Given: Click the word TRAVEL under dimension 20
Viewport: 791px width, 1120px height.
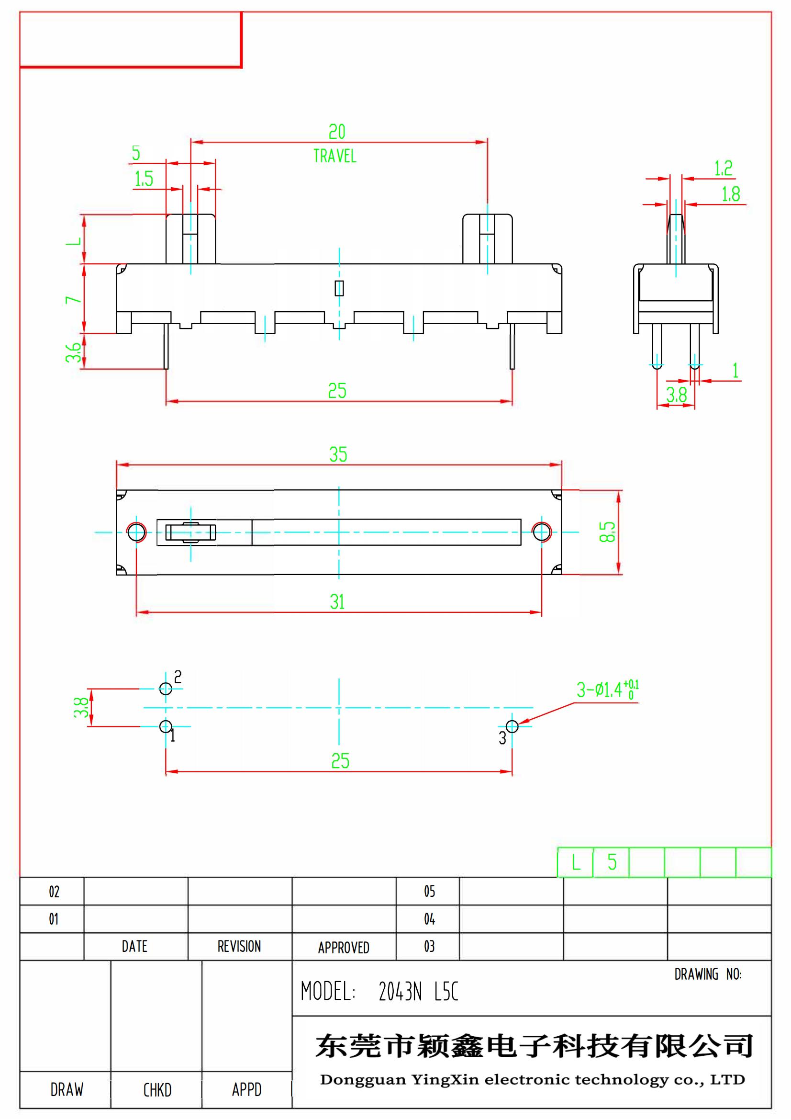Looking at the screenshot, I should coord(334,156).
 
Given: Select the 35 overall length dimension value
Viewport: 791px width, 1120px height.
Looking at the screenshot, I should coord(338,454).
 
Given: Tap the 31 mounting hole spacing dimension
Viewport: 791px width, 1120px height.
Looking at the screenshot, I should coord(337,602).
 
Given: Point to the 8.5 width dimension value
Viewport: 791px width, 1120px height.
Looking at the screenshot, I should coord(607,532).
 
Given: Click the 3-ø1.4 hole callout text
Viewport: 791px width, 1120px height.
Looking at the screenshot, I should coord(607,690).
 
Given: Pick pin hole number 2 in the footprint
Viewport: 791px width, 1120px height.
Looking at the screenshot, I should coord(166,689).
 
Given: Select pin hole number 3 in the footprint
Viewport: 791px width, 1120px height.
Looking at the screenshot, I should coord(512,726).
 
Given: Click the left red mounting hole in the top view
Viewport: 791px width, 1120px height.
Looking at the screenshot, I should coord(136,532).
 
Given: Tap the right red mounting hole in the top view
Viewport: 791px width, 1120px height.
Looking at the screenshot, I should coord(542,532).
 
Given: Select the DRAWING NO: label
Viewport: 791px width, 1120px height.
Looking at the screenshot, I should coord(708,974).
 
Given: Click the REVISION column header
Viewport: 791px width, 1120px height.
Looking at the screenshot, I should coord(239,946).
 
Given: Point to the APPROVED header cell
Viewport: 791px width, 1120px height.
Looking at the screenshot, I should coord(344,947).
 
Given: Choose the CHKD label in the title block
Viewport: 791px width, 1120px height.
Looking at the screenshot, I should coord(157,1090).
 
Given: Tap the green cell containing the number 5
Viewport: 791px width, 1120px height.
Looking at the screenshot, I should coord(612,862).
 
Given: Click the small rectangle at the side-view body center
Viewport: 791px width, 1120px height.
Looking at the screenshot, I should coord(339,288).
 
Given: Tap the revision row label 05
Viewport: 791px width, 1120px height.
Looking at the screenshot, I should coord(429,891).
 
